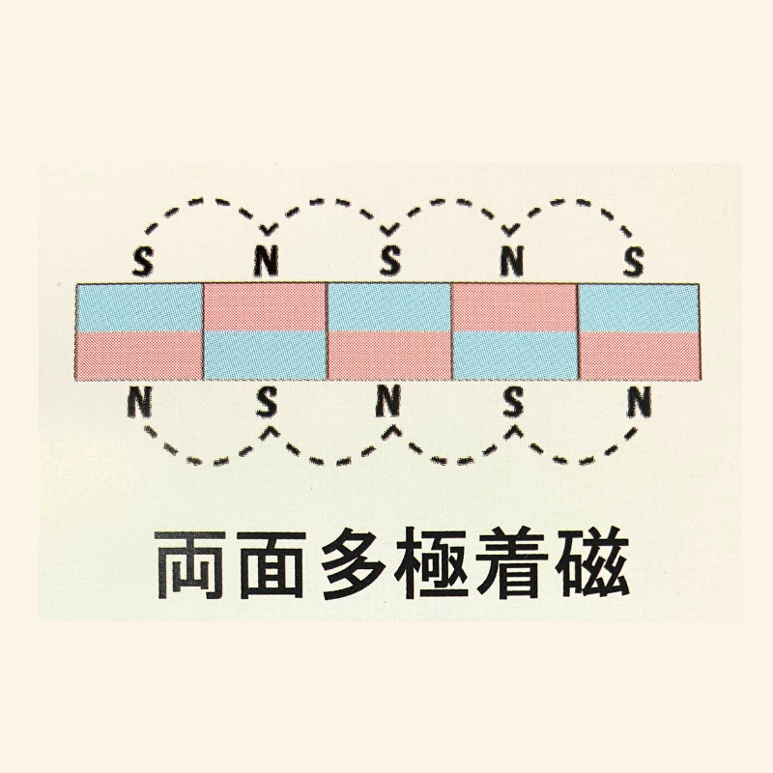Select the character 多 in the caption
[352, 565]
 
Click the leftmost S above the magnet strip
[143, 261]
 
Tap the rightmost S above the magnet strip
[634, 261]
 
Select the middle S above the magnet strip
[389, 261]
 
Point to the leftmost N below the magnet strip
[138, 401]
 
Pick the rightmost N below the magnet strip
[639, 401]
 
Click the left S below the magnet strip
[267, 401]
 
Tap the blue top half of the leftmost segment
[139, 307]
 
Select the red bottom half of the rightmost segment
[639, 356]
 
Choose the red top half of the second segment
[265, 307]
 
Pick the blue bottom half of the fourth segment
[514, 356]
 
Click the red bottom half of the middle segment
[389, 356]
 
